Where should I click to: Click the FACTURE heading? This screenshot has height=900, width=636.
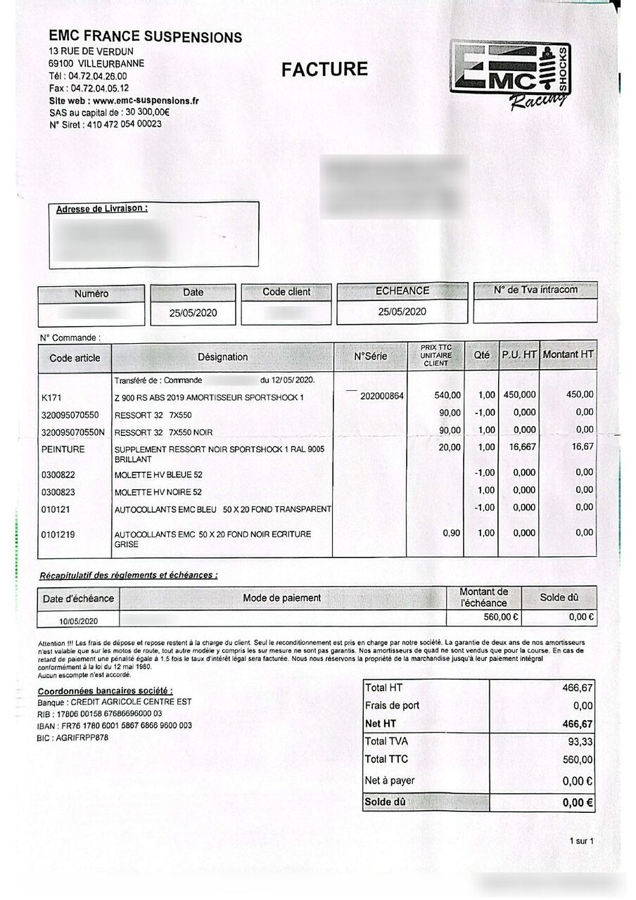tap(324, 69)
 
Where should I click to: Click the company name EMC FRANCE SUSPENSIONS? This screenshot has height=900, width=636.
tap(145, 37)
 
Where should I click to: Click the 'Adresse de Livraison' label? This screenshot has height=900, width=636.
tap(102, 209)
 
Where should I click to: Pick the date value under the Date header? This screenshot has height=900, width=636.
tap(193, 314)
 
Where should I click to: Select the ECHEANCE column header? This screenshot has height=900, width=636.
tap(402, 290)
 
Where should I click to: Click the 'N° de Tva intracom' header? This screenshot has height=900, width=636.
tap(535, 290)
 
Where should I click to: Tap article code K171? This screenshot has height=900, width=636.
tap(52, 397)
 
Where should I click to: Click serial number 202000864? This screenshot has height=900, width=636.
tap(381, 396)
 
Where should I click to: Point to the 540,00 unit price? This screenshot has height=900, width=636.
tap(447, 395)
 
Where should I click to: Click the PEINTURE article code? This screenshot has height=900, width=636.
tap(63, 449)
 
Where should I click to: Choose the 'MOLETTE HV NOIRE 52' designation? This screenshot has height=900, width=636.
tap(158, 492)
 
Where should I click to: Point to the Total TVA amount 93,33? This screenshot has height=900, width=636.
tap(576, 742)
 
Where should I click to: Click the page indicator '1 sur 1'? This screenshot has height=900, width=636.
tap(581, 841)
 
